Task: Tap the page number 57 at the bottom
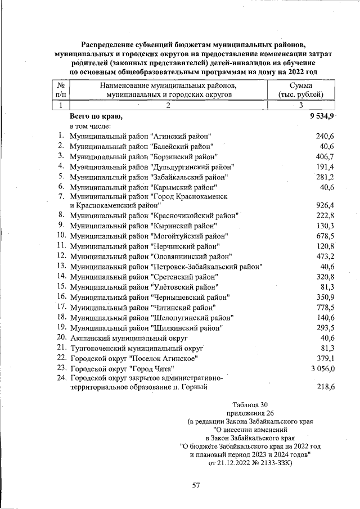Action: [196, 485]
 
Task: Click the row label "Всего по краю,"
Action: [95, 116]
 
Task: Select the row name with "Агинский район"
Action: [141, 137]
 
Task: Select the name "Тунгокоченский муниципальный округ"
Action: [136, 348]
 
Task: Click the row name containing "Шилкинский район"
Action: [146, 327]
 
